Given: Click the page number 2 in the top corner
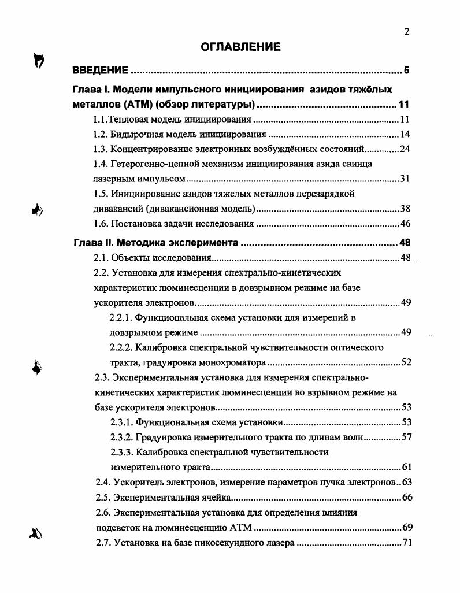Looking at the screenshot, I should click(407, 32).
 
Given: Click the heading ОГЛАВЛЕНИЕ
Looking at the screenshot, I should click(240, 47).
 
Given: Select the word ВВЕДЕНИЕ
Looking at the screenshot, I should click(100, 71).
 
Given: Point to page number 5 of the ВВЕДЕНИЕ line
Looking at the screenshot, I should click(406, 71).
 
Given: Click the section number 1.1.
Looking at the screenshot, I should click(101, 120).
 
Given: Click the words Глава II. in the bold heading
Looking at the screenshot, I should click(95, 242).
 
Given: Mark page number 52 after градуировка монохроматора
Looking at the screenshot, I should click(405, 362).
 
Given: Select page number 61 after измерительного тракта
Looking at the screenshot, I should click(405, 467).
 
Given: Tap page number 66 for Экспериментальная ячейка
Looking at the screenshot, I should click(405, 497).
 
